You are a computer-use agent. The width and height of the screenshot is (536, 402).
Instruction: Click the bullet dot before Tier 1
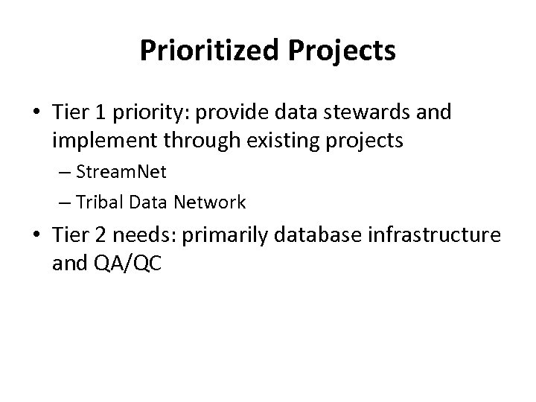[x=36, y=112]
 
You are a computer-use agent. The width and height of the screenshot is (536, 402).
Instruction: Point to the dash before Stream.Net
[x=83, y=173]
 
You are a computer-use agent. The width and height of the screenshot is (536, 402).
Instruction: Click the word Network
[x=211, y=202]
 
